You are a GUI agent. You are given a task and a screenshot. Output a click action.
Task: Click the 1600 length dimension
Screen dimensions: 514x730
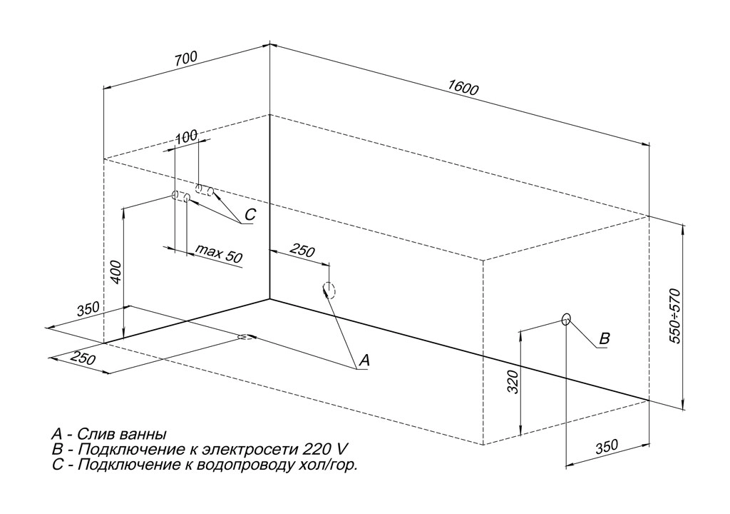tap(463, 88)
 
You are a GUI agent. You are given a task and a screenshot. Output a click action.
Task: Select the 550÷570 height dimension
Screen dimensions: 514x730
tap(677, 316)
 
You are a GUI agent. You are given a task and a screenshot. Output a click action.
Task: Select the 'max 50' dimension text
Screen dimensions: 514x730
tap(219, 254)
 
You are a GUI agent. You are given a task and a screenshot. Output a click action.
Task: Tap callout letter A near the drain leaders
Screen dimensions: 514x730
tap(363, 361)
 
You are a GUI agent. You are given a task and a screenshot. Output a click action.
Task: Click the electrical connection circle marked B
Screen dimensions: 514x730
tap(566, 319)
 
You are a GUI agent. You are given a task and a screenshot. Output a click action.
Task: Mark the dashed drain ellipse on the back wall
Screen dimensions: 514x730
tap(329, 289)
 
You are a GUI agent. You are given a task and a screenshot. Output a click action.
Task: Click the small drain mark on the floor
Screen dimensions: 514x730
tap(246, 337)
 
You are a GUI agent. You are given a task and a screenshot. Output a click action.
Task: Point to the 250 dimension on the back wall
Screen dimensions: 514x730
tap(302, 251)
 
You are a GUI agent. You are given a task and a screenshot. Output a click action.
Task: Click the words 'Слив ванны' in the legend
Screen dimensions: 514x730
tap(122, 433)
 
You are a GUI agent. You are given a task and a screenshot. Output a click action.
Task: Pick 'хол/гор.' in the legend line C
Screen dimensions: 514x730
tap(329, 465)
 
